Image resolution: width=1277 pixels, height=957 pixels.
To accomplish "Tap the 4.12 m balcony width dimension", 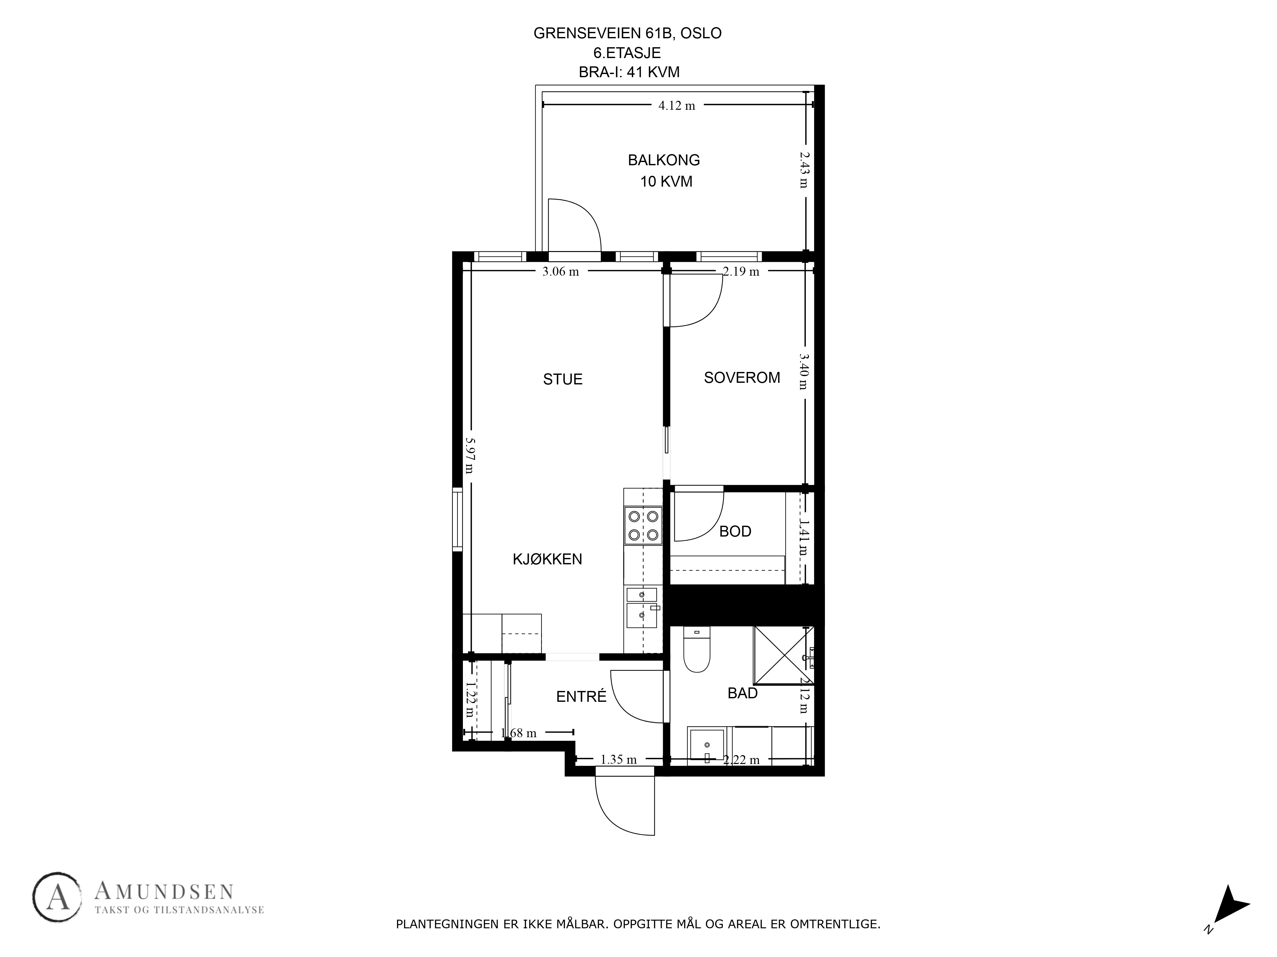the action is (x=676, y=106).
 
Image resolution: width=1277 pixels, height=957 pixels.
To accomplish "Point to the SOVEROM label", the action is (x=742, y=377).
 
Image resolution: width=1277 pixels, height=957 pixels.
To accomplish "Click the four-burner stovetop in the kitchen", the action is (x=643, y=525).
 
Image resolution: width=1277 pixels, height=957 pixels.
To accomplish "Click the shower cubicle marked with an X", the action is (x=783, y=655).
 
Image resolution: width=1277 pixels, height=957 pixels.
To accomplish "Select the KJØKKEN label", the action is (x=547, y=559).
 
